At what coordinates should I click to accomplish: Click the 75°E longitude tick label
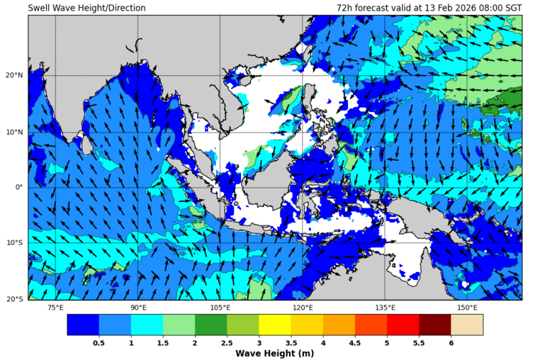55,308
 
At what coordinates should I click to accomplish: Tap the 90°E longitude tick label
138,308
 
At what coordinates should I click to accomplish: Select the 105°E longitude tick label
220,308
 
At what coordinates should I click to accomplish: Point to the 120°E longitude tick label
303,308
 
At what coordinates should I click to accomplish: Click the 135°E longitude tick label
385,308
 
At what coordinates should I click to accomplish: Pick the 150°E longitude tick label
467,308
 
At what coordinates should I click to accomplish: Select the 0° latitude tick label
20,188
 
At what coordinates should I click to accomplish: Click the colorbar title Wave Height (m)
274,354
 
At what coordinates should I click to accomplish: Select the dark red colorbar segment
434,325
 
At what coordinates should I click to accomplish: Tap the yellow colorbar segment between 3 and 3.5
274,325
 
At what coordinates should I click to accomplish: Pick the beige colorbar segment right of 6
467,325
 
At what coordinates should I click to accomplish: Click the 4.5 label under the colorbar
354,342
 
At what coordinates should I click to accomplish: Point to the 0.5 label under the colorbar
99,342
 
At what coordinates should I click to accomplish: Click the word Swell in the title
40,8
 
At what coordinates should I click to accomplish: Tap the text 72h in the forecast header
344,8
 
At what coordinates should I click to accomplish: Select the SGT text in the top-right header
512,8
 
